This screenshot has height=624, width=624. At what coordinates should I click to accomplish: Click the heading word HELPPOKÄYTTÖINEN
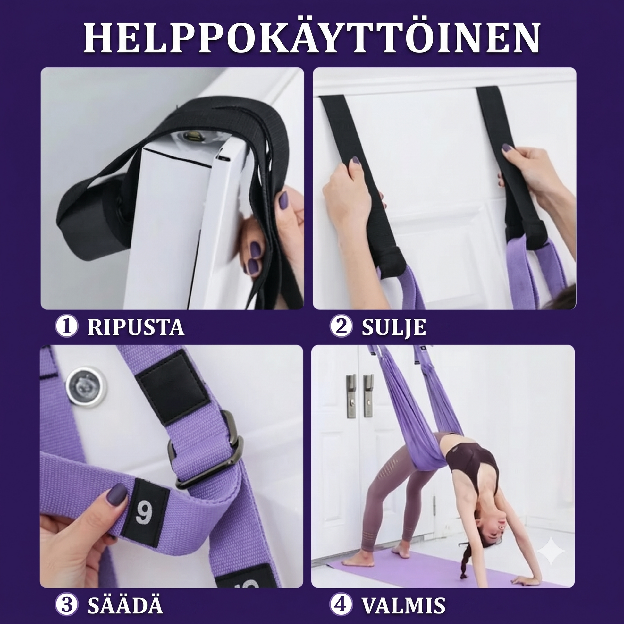pos(312,38)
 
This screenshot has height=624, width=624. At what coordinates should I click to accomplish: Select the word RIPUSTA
pos(136,327)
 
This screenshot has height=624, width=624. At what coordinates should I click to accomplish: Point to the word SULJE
pos(393,327)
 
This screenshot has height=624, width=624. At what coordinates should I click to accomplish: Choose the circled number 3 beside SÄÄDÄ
pos(66,603)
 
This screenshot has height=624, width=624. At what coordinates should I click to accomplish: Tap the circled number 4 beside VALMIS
pos(341,603)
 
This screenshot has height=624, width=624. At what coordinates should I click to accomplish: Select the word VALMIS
pos(403,603)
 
